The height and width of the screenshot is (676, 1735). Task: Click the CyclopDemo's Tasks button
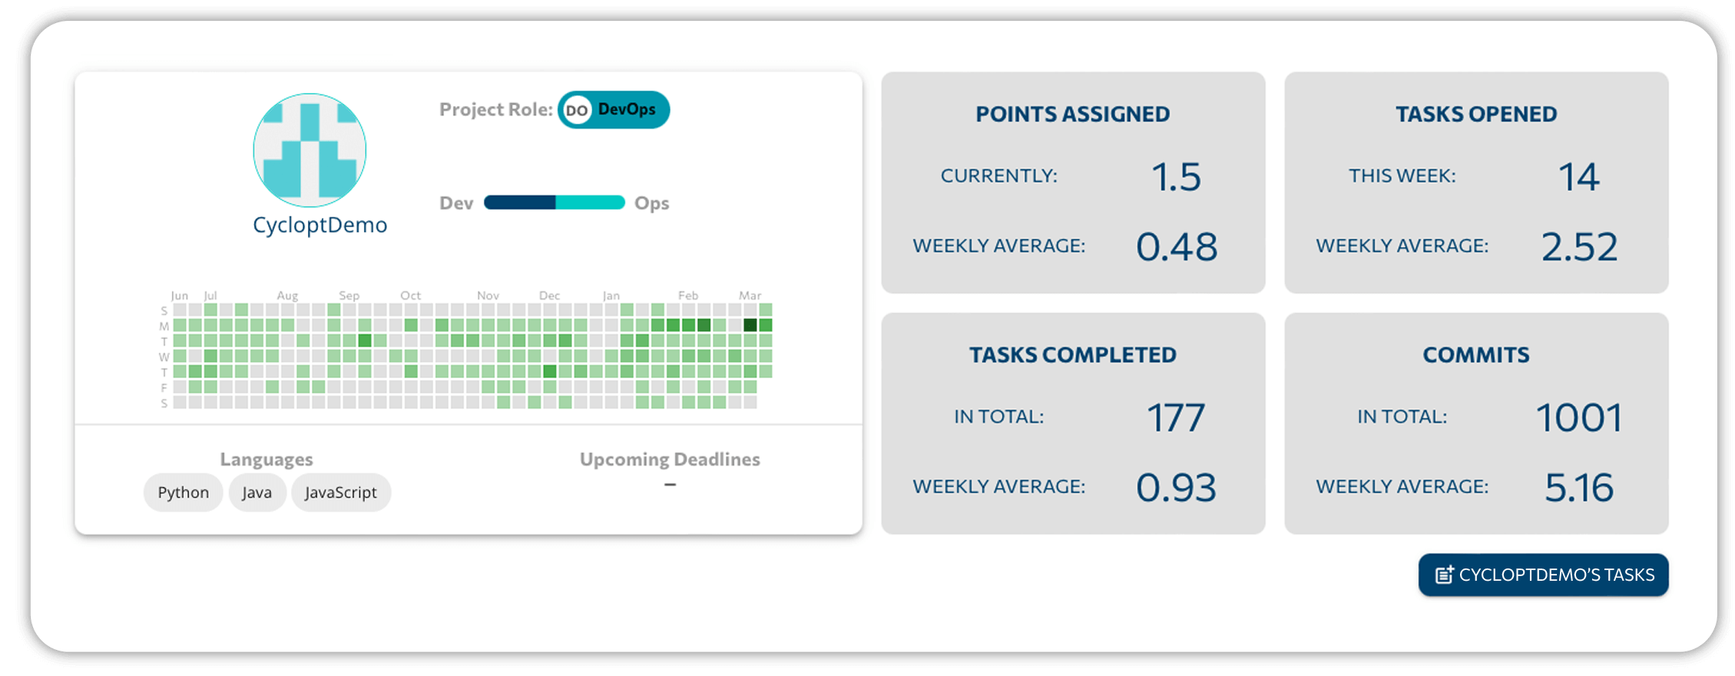[1543, 575]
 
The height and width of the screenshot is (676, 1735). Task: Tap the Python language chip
[183, 492]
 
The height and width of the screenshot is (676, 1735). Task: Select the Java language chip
[257, 492]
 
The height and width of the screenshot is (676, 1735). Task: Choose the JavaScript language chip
[340, 492]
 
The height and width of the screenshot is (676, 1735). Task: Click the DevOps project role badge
[613, 110]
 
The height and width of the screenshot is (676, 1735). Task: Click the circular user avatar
[310, 150]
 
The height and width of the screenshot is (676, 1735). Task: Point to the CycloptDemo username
[320, 225]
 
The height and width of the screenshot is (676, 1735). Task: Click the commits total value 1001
[1579, 418]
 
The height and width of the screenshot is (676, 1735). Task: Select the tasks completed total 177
[1175, 418]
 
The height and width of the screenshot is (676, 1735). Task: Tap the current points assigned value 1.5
[1175, 177]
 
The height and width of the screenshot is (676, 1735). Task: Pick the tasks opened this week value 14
[1578, 177]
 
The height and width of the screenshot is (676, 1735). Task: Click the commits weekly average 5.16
[1579, 488]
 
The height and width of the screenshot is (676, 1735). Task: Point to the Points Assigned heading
[1072, 114]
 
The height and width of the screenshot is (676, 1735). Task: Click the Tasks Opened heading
[1475, 114]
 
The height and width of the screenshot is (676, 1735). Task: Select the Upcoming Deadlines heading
[670, 459]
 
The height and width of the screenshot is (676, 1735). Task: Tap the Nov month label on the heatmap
[488, 296]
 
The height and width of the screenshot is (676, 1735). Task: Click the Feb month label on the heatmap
[688, 296]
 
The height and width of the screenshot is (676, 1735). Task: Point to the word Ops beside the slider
[651, 204]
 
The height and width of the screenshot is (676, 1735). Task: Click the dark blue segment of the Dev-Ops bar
[520, 203]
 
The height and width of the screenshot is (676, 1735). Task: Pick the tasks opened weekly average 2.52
[1579, 247]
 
